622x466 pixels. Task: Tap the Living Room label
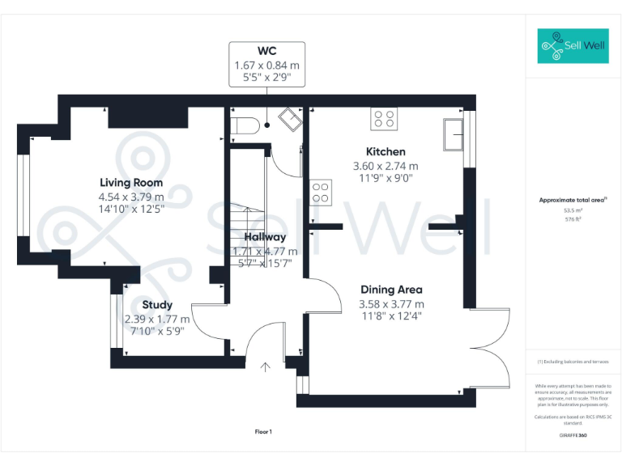[x=131, y=182]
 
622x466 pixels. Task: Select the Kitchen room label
[x=386, y=151]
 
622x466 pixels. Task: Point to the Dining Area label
[x=391, y=289]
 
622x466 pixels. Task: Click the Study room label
[x=157, y=305]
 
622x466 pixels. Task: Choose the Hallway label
[x=265, y=237]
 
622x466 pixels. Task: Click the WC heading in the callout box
[x=267, y=51]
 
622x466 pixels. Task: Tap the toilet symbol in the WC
[x=244, y=125]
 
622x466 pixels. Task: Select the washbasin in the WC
[x=289, y=121]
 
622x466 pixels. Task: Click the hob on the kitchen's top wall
[x=384, y=119]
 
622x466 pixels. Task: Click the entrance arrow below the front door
[x=265, y=367]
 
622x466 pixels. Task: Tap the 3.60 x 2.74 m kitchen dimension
[x=386, y=166]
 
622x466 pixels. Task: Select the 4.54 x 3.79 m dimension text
[x=131, y=196]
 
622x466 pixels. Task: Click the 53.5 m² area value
[x=574, y=210]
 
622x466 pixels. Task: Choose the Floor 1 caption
[x=263, y=432]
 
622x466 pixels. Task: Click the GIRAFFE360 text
[x=573, y=436]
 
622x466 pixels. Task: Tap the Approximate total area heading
[x=573, y=200]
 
